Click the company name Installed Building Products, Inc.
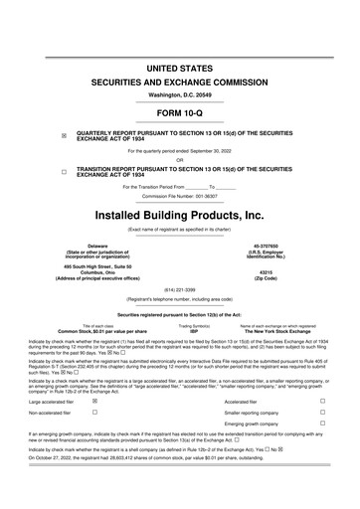180,215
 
